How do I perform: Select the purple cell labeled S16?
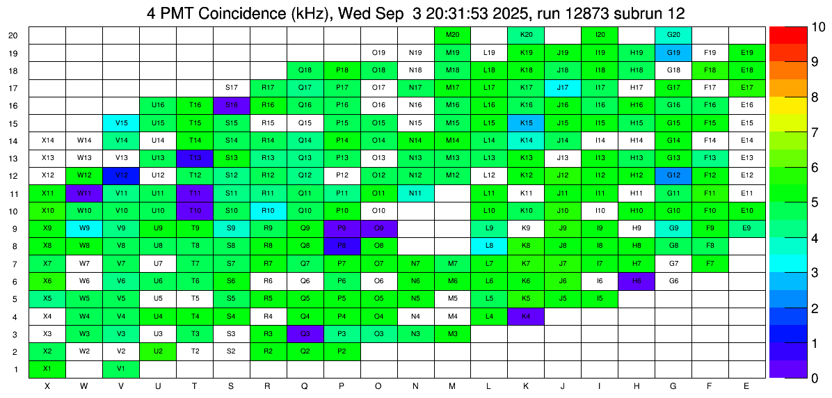coord(232,104)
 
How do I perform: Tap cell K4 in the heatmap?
coord(526,316)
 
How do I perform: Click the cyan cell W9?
coord(84,228)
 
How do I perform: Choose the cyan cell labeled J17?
coord(563,87)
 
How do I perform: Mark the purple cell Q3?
coord(305,333)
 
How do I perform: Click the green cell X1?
coord(47,368)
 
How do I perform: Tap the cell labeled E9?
coord(746,228)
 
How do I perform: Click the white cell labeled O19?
coord(378,52)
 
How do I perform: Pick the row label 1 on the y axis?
coord(16,369)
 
